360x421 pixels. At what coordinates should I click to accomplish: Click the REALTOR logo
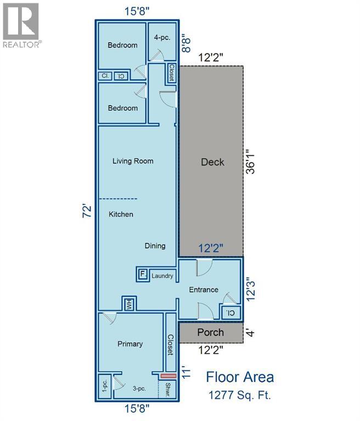[21, 26]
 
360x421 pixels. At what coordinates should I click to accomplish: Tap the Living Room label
[133, 161]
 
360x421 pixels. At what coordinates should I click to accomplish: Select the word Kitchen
[121, 214]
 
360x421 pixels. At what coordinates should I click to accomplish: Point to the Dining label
[155, 246]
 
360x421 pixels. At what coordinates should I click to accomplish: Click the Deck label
[212, 162]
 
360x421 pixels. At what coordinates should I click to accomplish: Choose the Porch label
[211, 332]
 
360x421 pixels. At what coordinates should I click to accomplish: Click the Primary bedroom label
[130, 344]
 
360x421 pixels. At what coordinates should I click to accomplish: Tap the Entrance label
[204, 289]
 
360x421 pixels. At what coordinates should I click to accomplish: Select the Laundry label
[162, 276]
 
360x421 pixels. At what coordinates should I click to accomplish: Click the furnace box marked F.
[143, 274]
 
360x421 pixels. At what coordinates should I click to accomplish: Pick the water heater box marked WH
[130, 304]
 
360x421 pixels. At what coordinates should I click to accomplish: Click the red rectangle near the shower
[168, 376]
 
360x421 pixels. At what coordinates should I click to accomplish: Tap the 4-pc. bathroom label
[162, 38]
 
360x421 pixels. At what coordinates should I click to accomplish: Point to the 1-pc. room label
[105, 386]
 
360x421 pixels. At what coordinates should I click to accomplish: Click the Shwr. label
[168, 389]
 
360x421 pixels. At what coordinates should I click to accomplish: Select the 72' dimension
[87, 211]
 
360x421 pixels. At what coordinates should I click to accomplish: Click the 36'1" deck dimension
[251, 162]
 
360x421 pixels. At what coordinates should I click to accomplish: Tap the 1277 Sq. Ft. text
[240, 395]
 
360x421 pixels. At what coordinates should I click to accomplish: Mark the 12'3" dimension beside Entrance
[251, 291]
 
